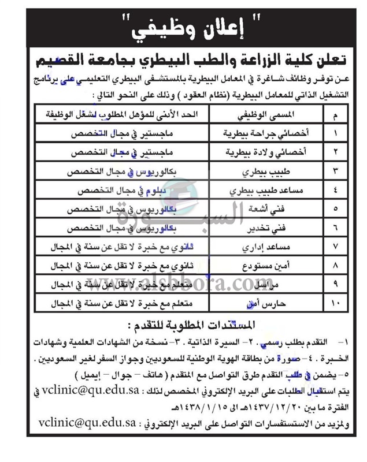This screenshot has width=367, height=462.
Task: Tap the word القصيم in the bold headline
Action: [x=61, y=61]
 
